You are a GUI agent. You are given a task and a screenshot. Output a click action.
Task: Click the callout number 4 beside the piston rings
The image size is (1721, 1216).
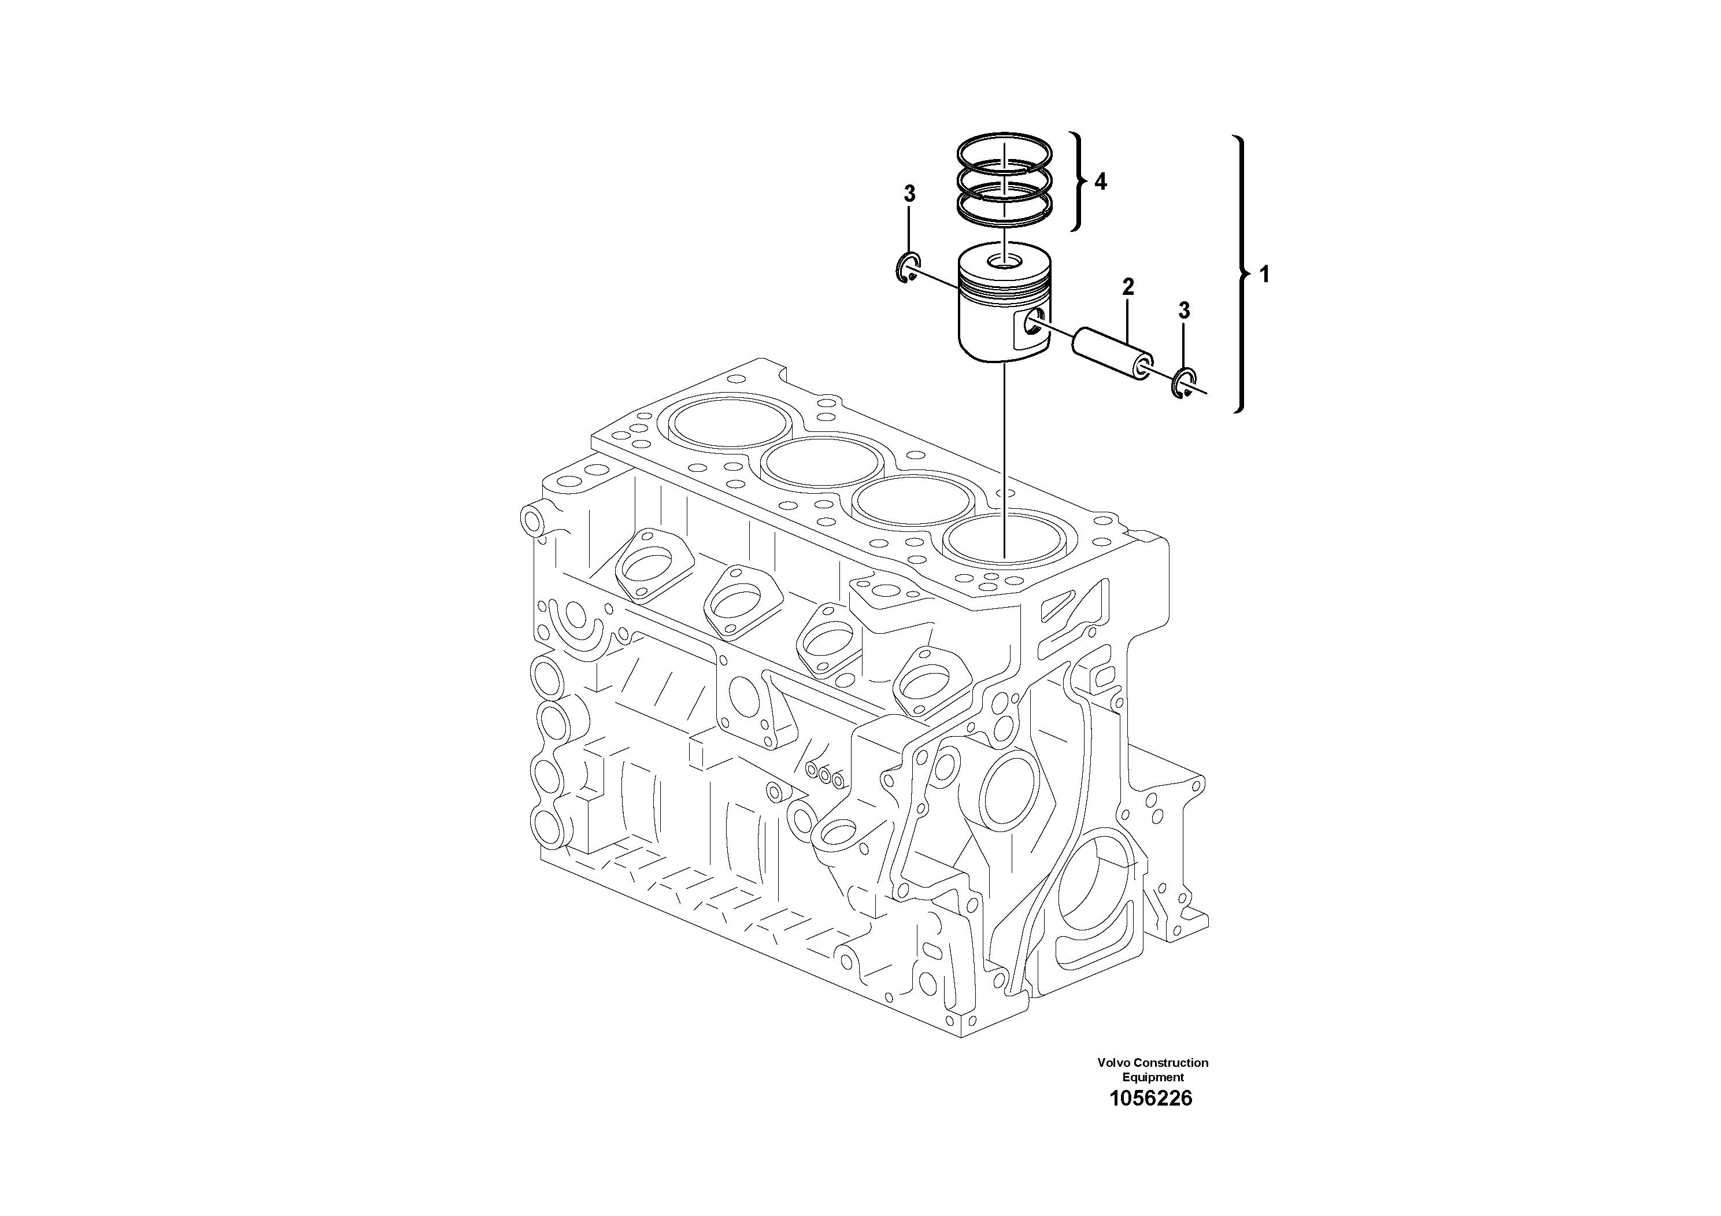(1100, 182)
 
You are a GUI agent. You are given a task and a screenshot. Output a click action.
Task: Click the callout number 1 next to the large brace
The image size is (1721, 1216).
(1264, 275)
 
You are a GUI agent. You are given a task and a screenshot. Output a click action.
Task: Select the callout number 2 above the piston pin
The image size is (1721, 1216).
(1127, 286)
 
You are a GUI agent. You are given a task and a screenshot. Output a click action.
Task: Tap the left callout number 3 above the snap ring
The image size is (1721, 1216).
(909, 194)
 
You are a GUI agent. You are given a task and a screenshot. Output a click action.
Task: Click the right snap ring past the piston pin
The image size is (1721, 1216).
(1183, 384)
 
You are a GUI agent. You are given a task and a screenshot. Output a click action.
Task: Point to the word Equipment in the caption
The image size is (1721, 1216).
(1153, 1077)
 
